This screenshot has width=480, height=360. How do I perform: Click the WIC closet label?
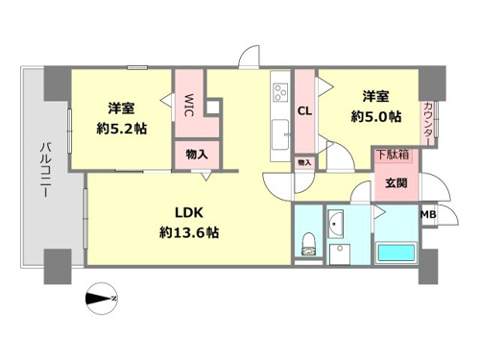pyautogui.click(x=188, y=105)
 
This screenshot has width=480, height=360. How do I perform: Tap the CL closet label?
pyautogui.click(x=304, y=111)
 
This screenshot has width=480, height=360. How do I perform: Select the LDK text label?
pyautogui.click(x=189, y=212)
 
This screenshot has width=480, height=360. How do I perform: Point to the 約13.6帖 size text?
pyautogui.click(x=189, y=232)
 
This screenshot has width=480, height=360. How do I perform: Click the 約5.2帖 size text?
pyautogui.click(x=122, y=129)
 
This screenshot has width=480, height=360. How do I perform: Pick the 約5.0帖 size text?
pyautogui.click(x=376, y=116)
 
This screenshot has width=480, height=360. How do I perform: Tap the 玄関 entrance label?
pyautogui.click(x=396, y=183)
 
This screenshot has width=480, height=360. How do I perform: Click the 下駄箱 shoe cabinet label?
pyautogui.click(x=393, y=155)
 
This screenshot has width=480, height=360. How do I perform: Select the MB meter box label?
pyautogui.click(x=428, y=214)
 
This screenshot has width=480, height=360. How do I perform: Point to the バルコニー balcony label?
pyautogui.click(x=44, y=170)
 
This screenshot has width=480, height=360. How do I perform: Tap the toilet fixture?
pyautogui.click(x=309, y=244)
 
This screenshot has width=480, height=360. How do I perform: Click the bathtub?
pyautogui.click(x=396, y=252)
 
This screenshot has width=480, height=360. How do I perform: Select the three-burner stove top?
pyautogui.click(x=280, y=92)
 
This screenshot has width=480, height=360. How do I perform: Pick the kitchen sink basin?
pyautogui.click(x=280, y=134)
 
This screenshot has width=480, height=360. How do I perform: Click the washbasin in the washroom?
pyautogui.click(x=336, y=224)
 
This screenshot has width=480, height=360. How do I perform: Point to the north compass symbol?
pyautogui.click(x=102, y=299)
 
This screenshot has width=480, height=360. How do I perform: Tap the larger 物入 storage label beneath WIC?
pyautogui.click(x=197, y=155)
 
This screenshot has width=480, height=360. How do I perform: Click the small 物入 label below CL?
pyautogui.click(x=304, y=162)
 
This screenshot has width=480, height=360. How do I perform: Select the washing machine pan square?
pyautogui.click(x=340, y=254)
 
